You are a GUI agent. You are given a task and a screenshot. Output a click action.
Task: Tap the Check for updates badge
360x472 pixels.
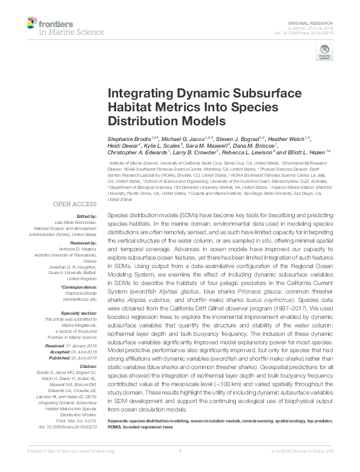(324, 53)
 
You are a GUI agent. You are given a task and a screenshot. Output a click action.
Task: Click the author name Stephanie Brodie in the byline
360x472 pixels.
(126, 140)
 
